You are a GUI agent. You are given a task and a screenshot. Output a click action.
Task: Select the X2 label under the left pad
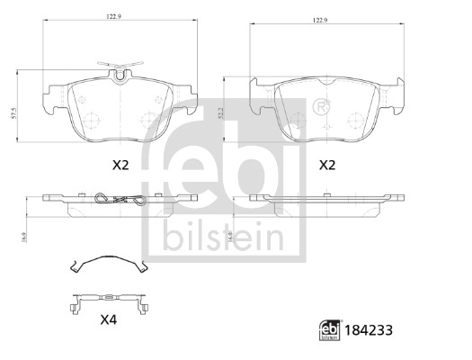pos(119,166)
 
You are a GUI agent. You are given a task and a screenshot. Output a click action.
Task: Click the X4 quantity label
pos(108,320)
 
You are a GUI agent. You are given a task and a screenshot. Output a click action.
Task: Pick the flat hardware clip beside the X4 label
pos(108,300)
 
